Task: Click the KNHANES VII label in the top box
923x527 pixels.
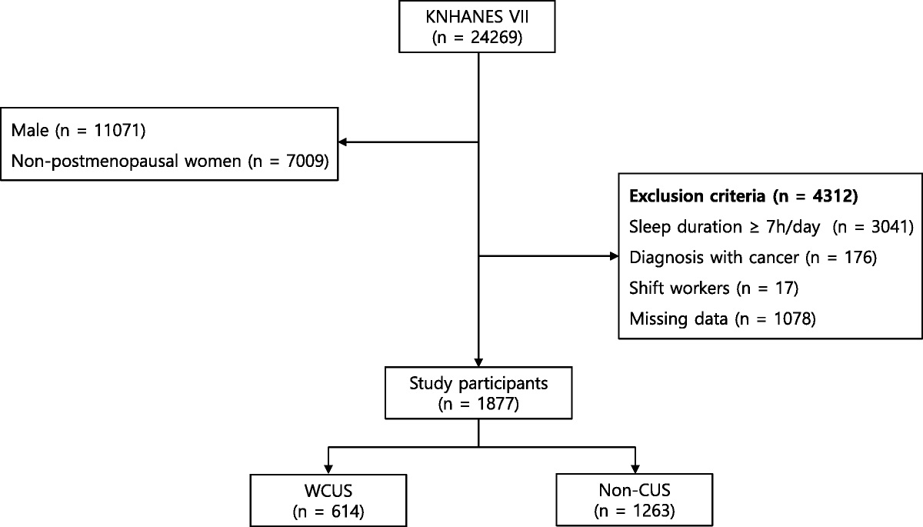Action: [478, 17]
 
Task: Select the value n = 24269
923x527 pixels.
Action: [478, 37]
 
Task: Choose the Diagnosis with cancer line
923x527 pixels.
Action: [753, 256]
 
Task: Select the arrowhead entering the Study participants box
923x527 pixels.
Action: [478, 359]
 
